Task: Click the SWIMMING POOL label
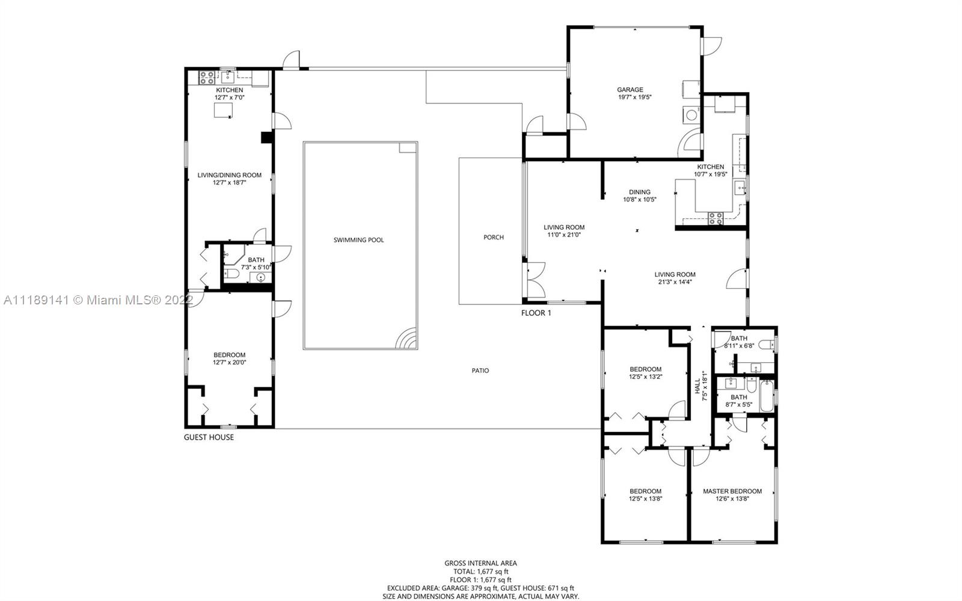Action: coord(358,239)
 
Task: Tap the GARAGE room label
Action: coord(630,90)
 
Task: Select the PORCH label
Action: coord(494,237)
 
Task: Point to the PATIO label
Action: coord(480,371)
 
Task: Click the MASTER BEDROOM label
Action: coord(732,491)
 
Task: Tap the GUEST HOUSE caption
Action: coord(209,437)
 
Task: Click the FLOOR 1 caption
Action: coord(536,313)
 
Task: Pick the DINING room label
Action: coord(640,192)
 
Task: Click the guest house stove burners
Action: coord(207,78)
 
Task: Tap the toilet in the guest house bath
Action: coord(231,273)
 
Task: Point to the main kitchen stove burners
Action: coord(715,218)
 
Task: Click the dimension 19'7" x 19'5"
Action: coord(635,97)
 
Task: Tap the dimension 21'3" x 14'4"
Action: coord(675,282)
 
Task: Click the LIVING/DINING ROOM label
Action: coord(229,175)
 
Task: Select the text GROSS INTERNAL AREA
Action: coord(480,563)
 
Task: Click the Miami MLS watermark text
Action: coord(98,300)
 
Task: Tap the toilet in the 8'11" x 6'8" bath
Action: coord(767,344)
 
